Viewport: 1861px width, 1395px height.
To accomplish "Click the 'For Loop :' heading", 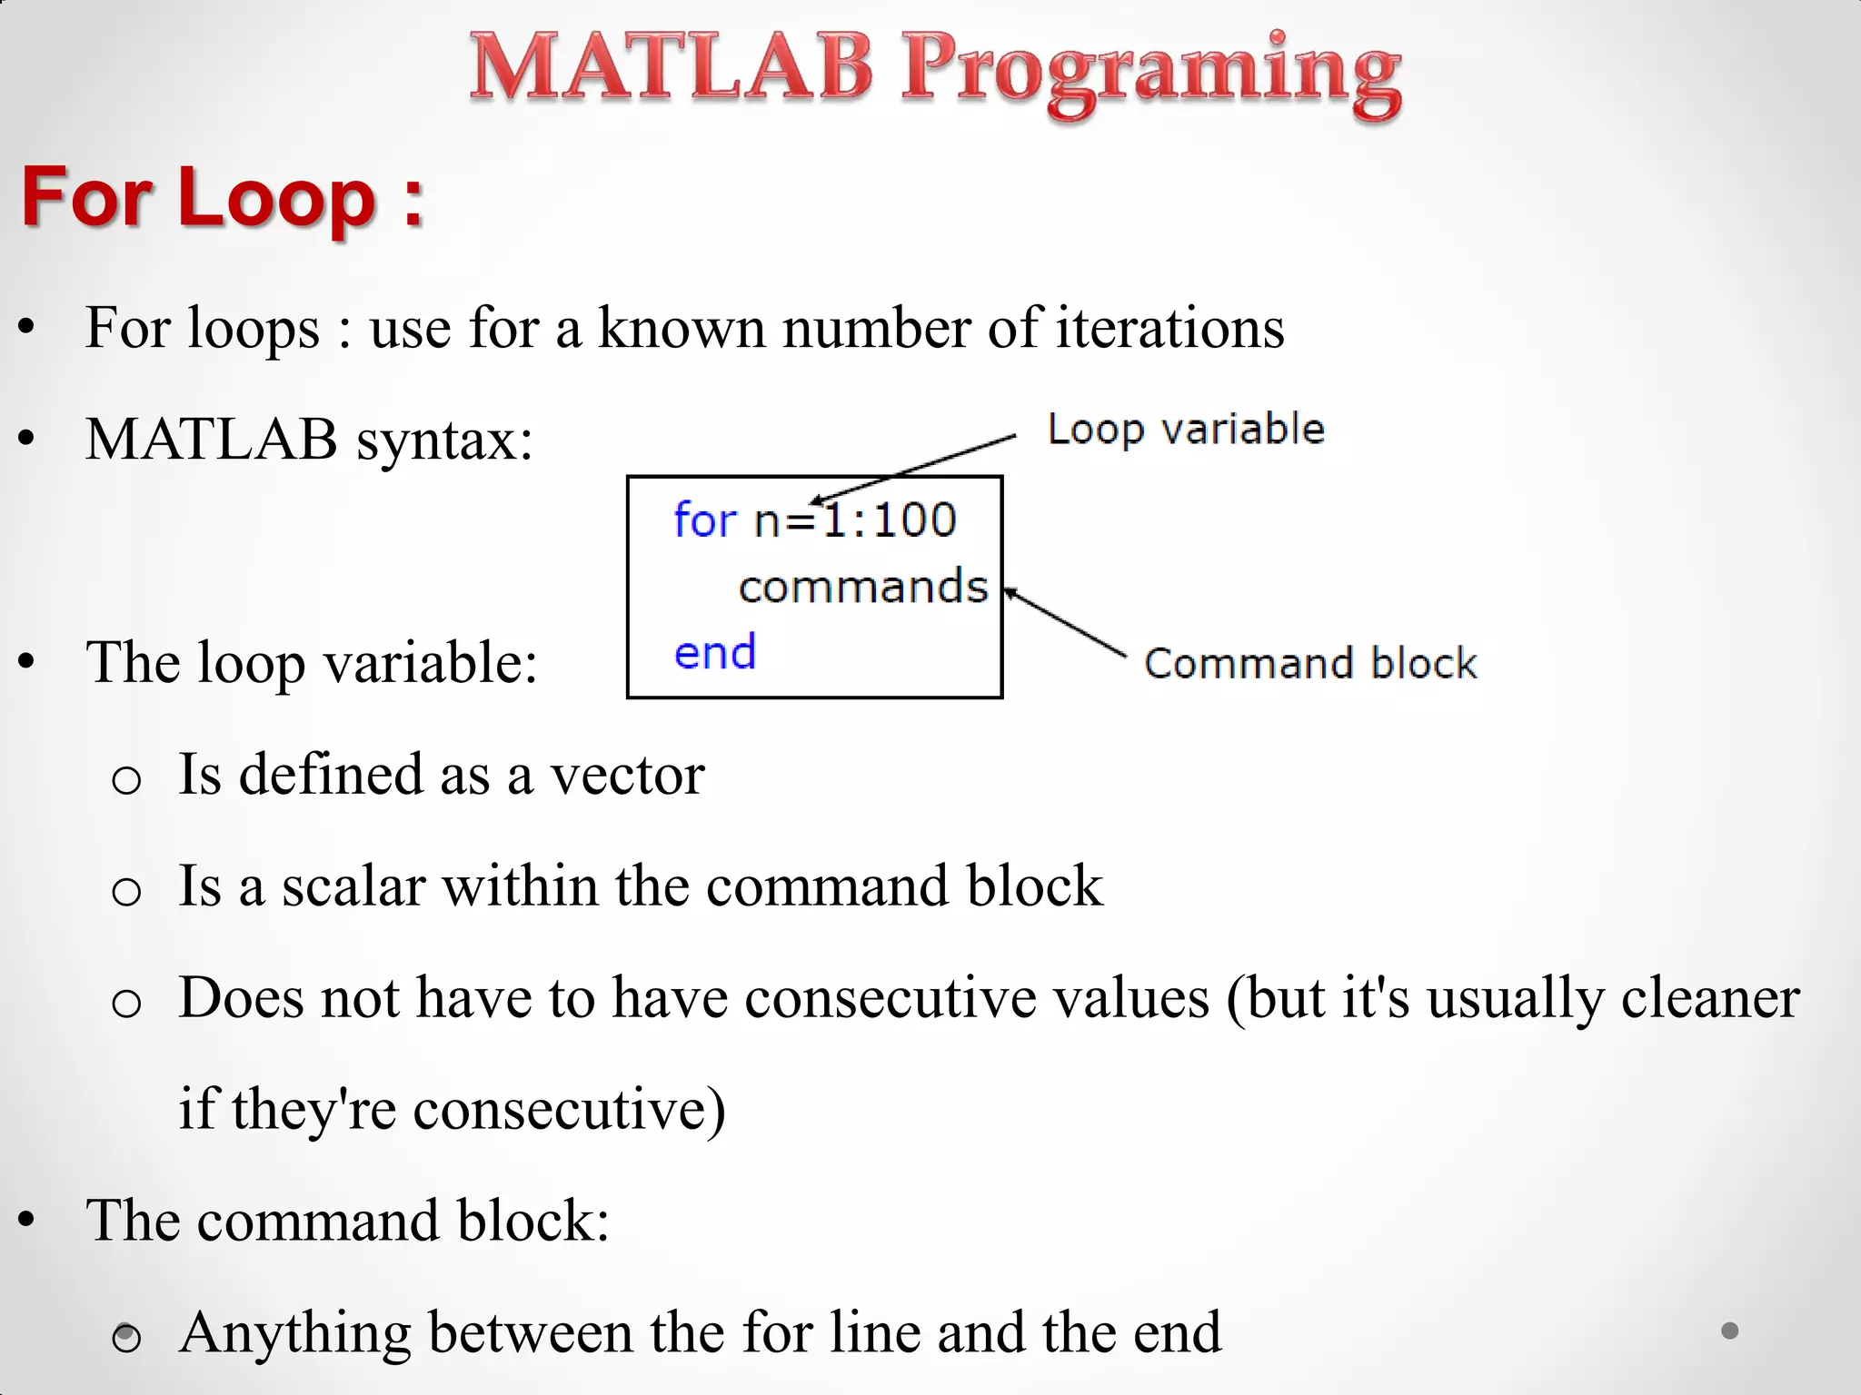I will pyautogui.click(x=222, y=197).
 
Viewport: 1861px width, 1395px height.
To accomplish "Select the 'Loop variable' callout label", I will pyautogui.click(x=1185, y=429).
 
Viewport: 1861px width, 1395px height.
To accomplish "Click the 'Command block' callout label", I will pyautogui.click(x=1309, y=663).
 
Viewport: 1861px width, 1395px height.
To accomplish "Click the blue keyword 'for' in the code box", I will pyautogui.click(x=704, y=520).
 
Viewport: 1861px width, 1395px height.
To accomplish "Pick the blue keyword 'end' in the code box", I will pyautogui.click(x=714, y=652).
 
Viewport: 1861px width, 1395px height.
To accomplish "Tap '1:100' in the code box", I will pyautogui.click(x=889, y=520).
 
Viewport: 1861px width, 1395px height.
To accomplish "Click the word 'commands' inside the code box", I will pyautogui.click(x=862, y=587).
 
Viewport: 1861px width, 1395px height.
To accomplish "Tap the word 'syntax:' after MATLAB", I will pyautogui.click(x=444, y=440).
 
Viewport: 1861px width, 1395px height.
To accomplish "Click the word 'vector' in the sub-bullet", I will pyautogui.click(x=627, y=775).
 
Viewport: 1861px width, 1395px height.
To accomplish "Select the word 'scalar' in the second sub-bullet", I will pyautogui.click(x=353, y=885).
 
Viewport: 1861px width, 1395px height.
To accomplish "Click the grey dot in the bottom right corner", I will pyautogui.click(x=1729, y=1331).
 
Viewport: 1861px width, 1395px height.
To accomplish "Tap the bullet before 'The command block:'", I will pyautogui.click(x=26, y=1220).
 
